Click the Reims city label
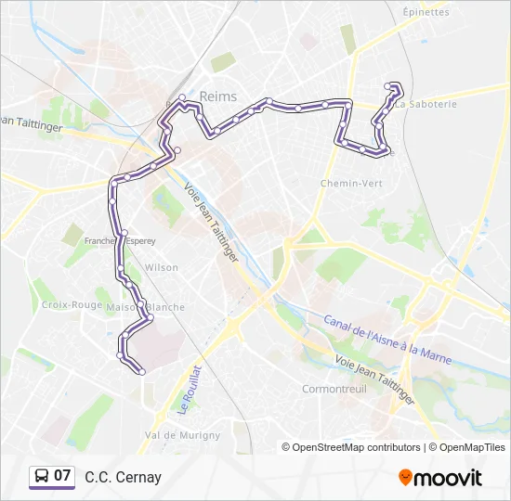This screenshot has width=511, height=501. (217, 96)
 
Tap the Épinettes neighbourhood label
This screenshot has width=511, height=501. (426, 12)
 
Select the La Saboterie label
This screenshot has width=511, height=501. (428, 104)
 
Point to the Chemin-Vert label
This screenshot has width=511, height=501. (351, 184)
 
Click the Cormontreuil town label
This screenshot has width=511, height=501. (334, 389)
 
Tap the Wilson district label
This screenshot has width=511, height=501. (162, 267)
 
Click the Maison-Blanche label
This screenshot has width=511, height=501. (147, 307)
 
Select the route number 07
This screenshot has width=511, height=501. (62, 476)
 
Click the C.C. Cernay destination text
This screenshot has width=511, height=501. (123, 478)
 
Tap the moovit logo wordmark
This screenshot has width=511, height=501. (448, 478)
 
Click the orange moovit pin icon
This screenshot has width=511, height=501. (405, 478)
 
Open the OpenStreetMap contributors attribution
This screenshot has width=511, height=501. (353, 447)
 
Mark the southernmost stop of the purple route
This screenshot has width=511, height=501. (141, 372)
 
